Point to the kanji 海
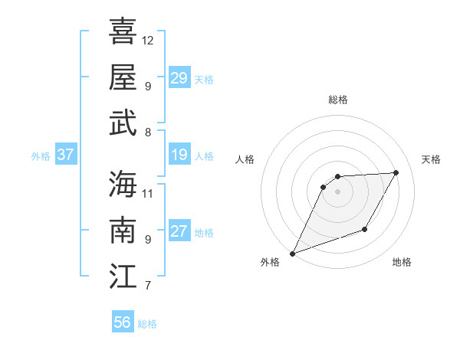coord(123,184)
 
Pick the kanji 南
coord(123,230)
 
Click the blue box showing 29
coord(179,78)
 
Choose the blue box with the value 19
coord(179,155)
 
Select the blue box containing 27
coord(179,231)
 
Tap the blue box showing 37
coord(65,155)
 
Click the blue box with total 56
coord(122,322)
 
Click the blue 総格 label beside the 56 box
coord(147,324)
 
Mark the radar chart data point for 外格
coord(292,253)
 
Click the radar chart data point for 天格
coord(396,172)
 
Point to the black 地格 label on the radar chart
coord(402,262)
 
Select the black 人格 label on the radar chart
coord(245,159)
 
